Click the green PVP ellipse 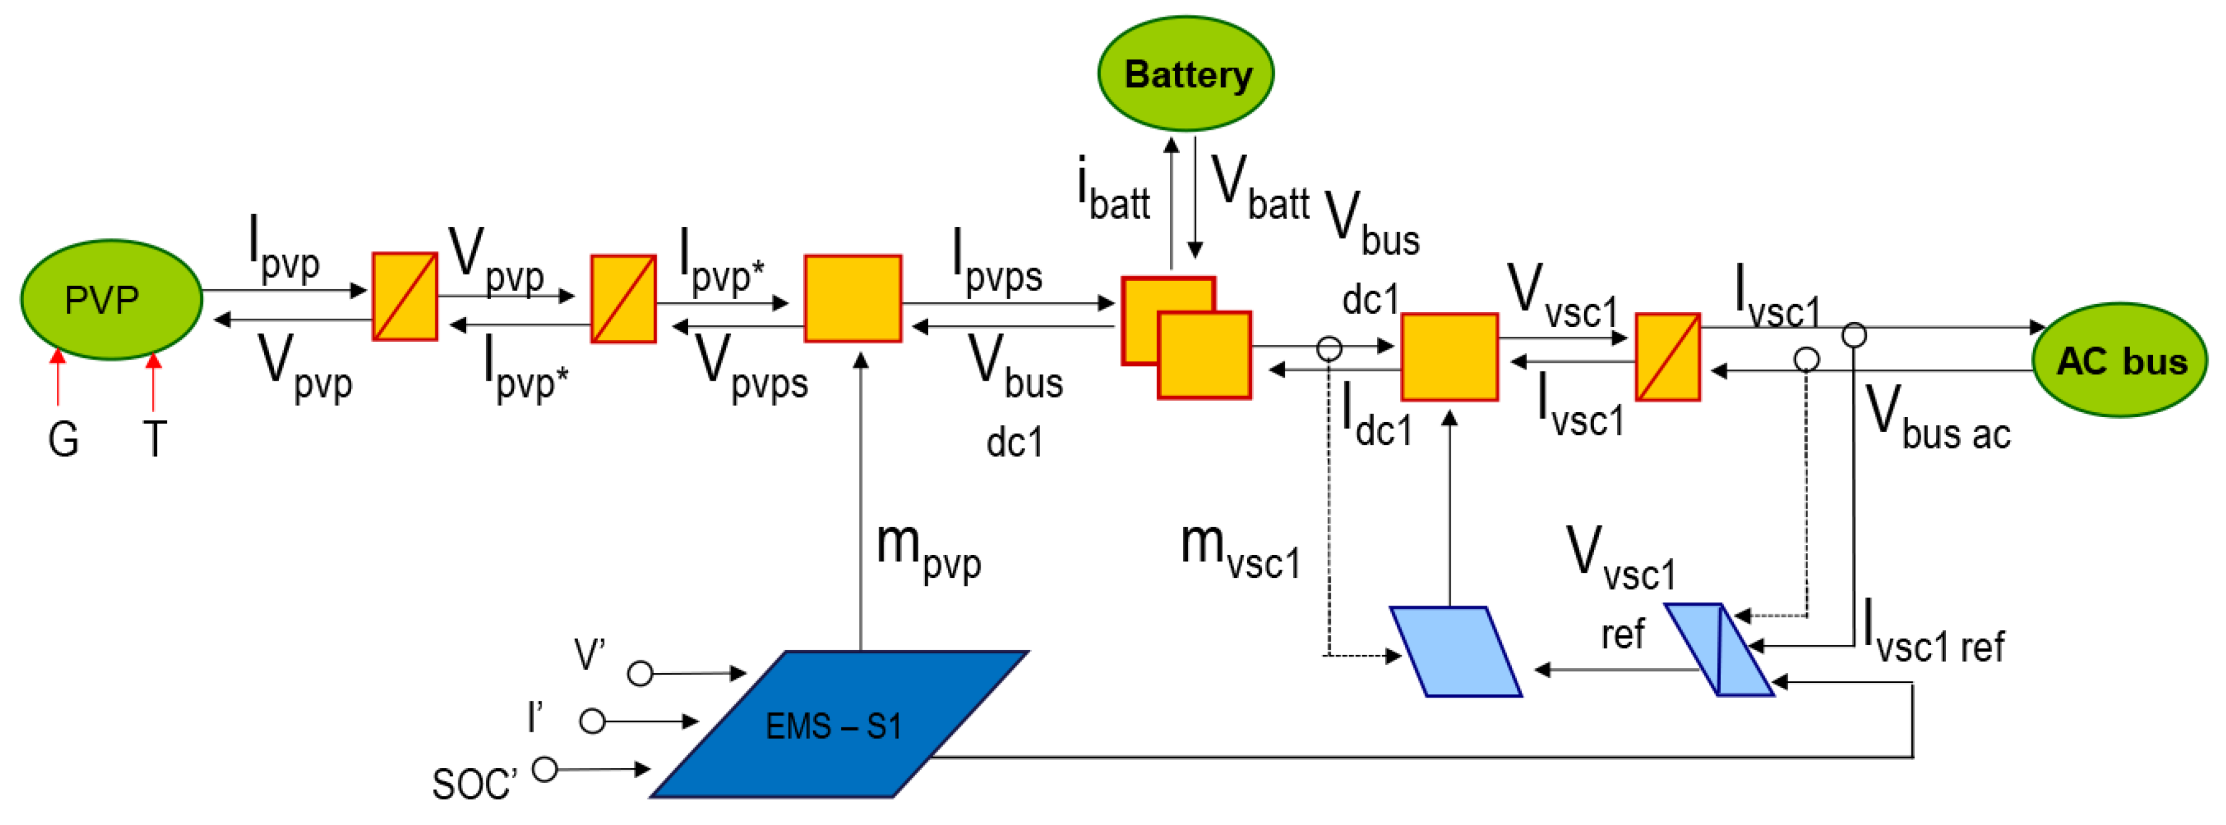tap(111, 300)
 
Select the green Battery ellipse tap(1185, 74)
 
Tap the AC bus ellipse tap(2120, 360)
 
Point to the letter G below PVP tap(63, 440)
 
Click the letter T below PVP tap(155, 440)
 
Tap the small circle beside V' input tap(639, 673)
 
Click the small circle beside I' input tap(592, 721)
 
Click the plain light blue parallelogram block tap(1455, 651)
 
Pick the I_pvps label tap(996, 263)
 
